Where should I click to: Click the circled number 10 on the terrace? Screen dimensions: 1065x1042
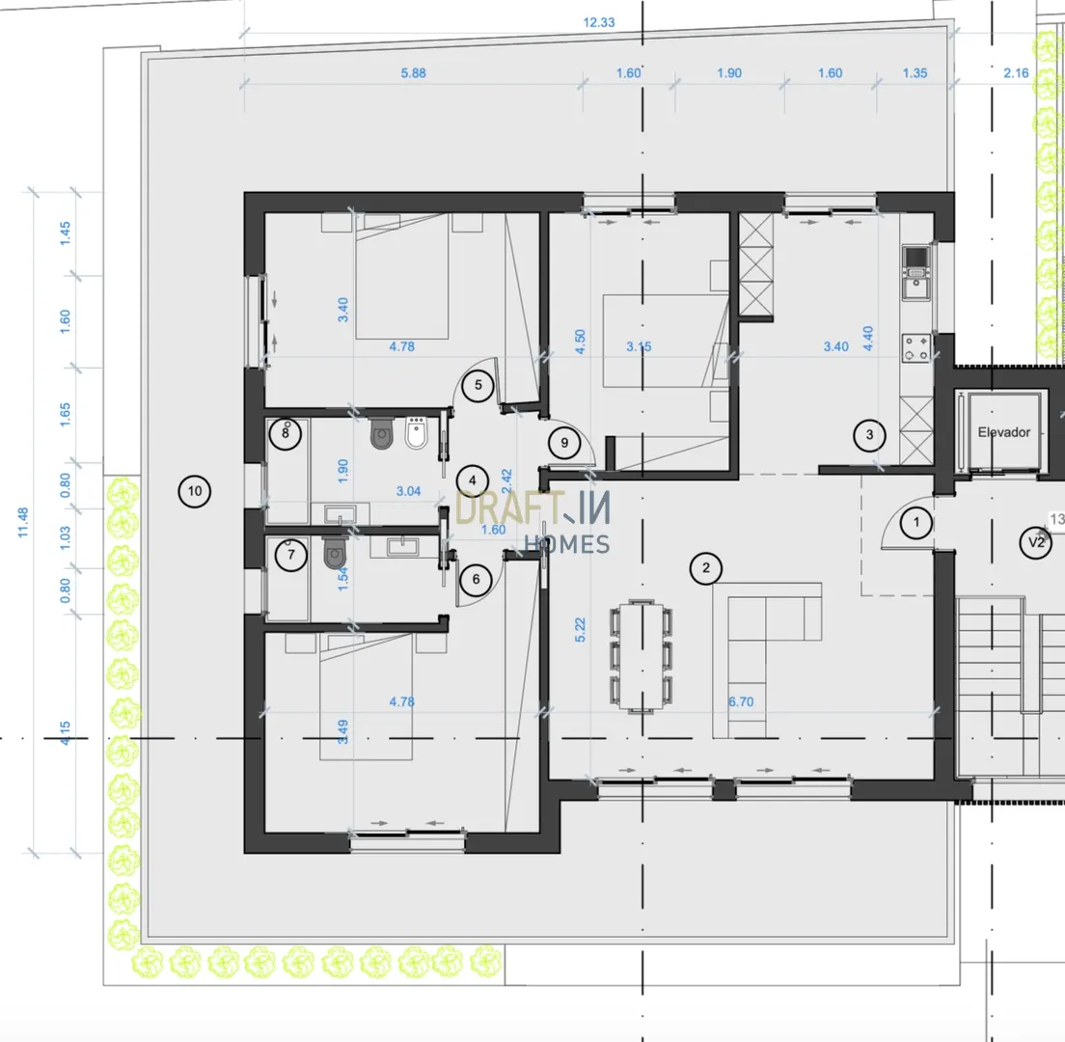(x=194, y=491)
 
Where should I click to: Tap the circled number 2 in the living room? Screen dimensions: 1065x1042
(x=706, y=568)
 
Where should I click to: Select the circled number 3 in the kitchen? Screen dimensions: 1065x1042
(x=869, y=435)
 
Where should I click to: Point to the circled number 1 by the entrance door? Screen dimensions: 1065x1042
(x=916, y=522)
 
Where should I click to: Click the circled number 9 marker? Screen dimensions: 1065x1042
(x=564, y=443)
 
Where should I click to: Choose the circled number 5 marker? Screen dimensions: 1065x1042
(x=478, y=385)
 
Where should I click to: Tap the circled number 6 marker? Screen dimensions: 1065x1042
(x=476, y=580)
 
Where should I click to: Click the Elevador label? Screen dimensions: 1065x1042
(x=1004, y=432)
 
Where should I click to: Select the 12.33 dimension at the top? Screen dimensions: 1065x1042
(x=598, y=22)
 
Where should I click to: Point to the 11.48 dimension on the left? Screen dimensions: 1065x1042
(x=23, y=522)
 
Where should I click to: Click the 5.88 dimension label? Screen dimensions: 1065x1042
(x=413, y=72)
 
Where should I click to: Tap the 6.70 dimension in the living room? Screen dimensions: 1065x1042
(x=741, y=701)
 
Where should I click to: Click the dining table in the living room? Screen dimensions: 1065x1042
(x=641, y=656)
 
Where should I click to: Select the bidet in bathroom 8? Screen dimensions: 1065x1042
(x=417, y=433)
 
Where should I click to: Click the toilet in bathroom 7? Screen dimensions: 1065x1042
(x=335, y=553)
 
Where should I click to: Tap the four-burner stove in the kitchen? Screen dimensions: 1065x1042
(x=915, y=348)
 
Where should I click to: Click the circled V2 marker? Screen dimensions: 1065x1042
(x=1036, y=542)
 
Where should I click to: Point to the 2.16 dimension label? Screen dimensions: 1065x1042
(x=1016, y=72)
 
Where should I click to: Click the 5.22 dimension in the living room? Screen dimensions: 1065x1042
(x=580, y=630)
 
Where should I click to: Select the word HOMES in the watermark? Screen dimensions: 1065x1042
(x=567, y=544)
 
